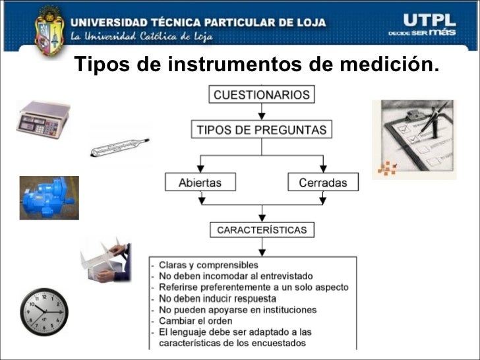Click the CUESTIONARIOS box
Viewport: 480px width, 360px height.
(261, 94)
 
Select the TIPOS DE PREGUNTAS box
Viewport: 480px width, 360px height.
(261, 129)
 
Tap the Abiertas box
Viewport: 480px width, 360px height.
(200, 182)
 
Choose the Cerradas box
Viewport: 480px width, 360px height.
(323, 182)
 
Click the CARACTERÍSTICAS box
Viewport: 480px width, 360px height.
(262, 230)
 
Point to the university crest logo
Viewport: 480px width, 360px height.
(49, 30)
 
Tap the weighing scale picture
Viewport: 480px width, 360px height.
(43, 119)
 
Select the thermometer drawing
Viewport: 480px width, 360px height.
(120, 147)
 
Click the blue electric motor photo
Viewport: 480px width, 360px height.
(49, 198)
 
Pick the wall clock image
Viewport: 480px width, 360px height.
(44, 312)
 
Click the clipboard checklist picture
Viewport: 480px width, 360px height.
(414, 140)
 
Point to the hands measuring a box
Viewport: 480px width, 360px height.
(105, 260)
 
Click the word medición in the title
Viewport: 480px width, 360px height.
(390, 64)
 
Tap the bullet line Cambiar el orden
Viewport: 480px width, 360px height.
(196, 321)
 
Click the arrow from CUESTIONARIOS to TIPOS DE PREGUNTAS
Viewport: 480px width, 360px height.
(261, 111)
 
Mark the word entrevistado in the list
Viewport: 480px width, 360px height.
(287, 276)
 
